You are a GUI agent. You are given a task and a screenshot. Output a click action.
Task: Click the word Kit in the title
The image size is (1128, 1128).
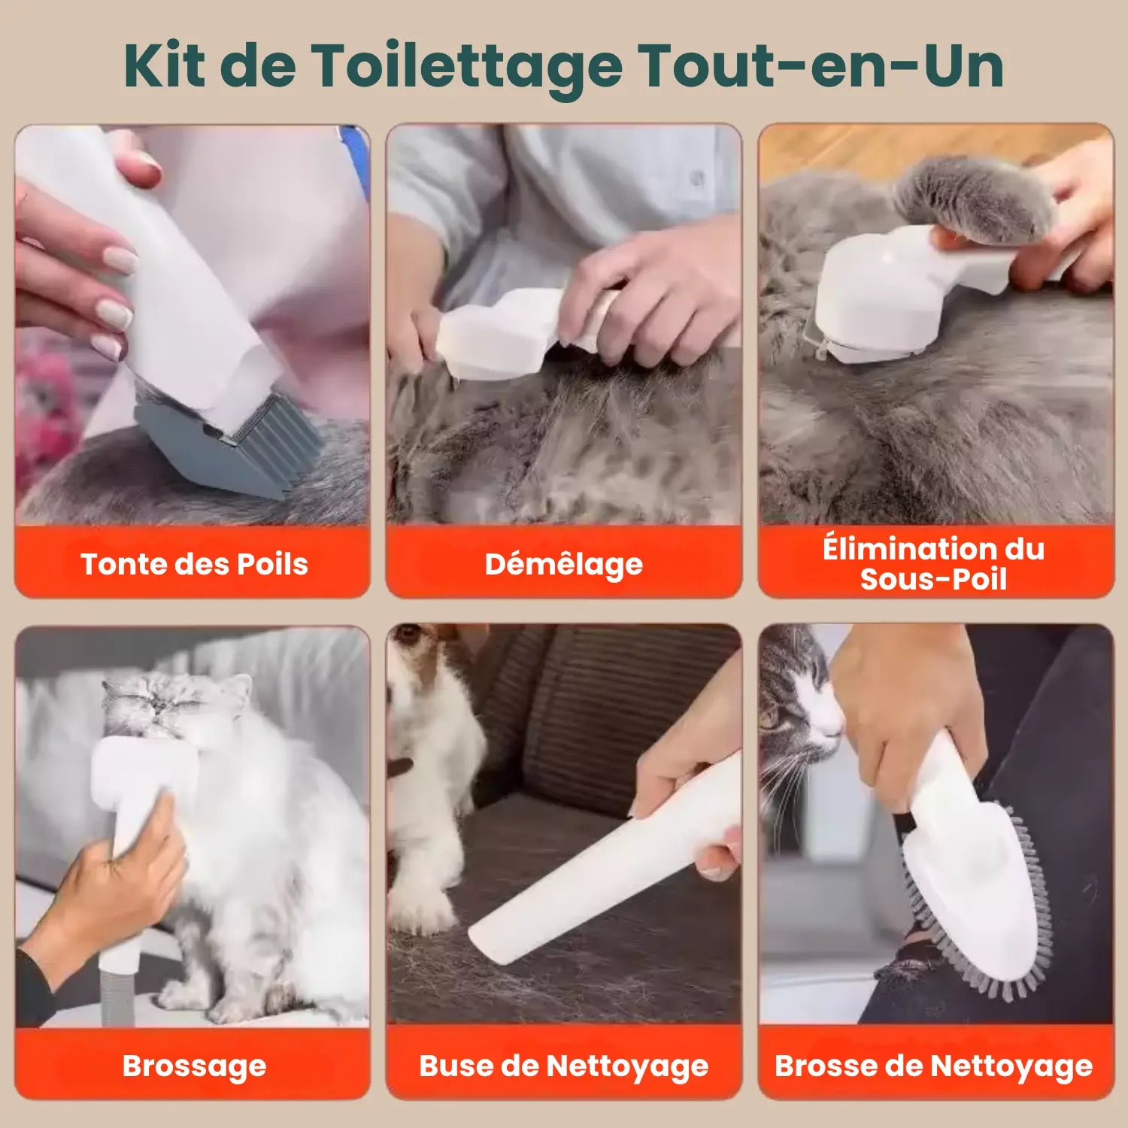pos(164,66)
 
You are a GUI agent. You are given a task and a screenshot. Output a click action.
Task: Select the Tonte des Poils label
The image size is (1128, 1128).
pos(194,564)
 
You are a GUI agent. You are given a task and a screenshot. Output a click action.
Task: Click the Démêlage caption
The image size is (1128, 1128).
pos(563,564)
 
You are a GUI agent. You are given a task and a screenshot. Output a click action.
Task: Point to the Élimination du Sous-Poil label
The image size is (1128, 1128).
pos(934,564)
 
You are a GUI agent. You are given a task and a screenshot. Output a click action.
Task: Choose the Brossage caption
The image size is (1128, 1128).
pos(194,1066)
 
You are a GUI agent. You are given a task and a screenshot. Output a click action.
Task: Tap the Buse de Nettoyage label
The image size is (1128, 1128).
pos(563,1066)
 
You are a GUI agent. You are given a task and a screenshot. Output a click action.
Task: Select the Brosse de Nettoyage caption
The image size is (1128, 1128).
pos(934,1066)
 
